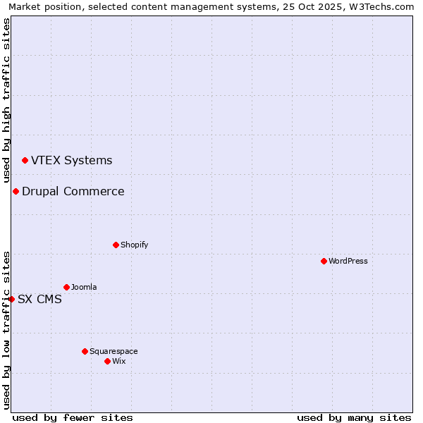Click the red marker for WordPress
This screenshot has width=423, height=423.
(x=324, y=261)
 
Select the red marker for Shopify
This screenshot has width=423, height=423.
(x=116, y=245)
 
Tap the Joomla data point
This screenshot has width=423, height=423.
(x=66, y=287)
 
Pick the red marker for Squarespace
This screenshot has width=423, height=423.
(x=85, y=351)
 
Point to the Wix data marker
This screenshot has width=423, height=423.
(x=107, y=361)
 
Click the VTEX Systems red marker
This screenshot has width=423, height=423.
(x=25, y=161)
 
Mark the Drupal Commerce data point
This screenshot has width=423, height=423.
(x=16, y=191)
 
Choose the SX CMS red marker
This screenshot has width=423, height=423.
(x=11, y=299)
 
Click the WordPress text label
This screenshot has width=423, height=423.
(x=348, y=261)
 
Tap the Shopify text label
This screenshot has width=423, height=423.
(x=134, y=245)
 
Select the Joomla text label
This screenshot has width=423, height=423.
(x=84, y=287)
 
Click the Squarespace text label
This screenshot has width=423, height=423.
(x=114, y=351)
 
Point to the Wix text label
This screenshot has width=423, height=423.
(x=118, y=361)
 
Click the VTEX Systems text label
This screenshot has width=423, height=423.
(x=71, y=161)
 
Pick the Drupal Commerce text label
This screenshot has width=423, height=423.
(x=73, y=191)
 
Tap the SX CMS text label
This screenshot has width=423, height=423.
(x=39, y=299)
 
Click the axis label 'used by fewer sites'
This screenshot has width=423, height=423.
(x=73, y=417)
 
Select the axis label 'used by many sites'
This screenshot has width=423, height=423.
(x=354, y=417)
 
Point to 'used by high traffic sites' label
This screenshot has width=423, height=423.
(x=6, y=100)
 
